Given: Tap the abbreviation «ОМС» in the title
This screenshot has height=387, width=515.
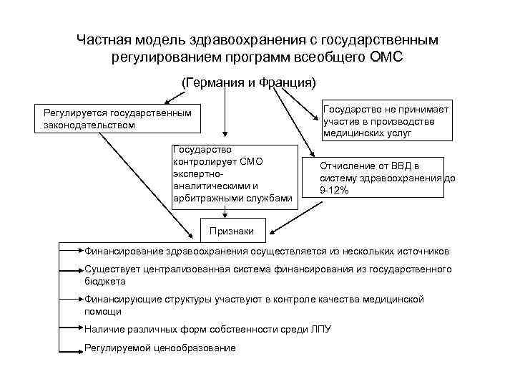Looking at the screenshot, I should pyautogui.click(x=388, y=55).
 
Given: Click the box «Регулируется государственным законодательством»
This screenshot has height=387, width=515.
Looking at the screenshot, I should pyautogui.click(x=117, y=119).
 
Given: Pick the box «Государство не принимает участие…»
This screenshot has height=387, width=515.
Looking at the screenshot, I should pyautogui.click(x=386, y=119).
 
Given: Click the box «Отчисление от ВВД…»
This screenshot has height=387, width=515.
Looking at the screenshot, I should pyautogui.click(x=386, y=178).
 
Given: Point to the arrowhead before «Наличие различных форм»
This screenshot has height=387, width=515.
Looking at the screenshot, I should pyautogui.click(x=80, y=329).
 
